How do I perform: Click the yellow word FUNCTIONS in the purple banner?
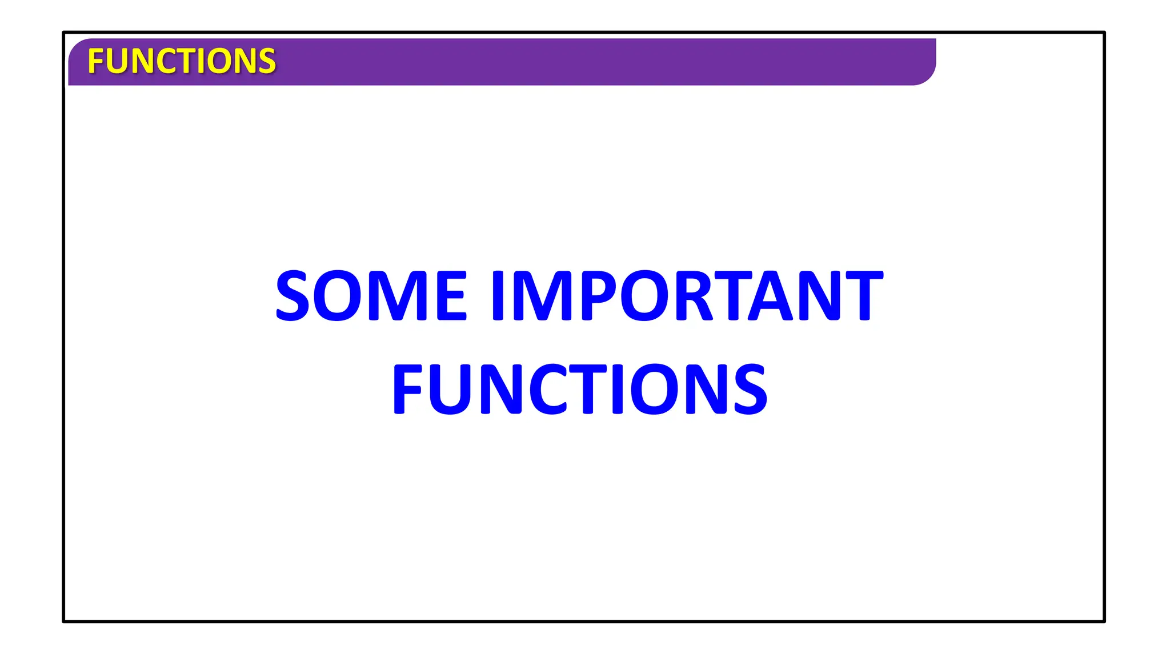182,61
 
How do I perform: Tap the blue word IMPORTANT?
687,295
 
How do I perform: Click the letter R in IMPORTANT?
694,295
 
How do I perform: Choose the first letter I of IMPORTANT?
500,295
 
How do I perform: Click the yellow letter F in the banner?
95,61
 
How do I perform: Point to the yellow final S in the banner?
267,61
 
